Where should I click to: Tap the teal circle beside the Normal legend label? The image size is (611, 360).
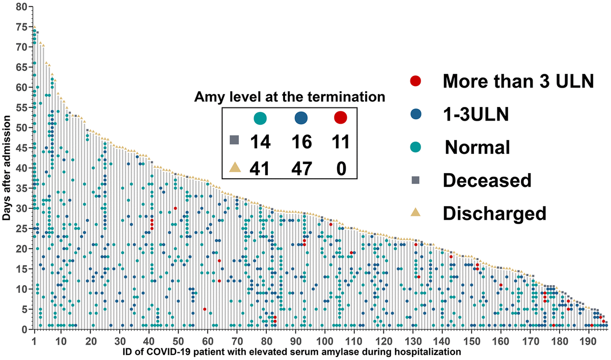tap(415, 147)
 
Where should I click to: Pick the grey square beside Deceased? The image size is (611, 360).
tap(415, 180)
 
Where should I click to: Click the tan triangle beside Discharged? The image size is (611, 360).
tap(415, 212)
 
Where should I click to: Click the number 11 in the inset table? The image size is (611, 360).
tap(338, 142)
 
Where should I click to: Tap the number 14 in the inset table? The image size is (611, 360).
tap(261, 142)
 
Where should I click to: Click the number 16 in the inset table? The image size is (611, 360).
tap(301, 142)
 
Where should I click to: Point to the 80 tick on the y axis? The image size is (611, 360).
tap(21, 7)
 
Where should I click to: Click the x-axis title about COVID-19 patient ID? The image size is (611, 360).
tap(292, 351)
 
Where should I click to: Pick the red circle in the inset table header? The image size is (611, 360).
tap(340, 118)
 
